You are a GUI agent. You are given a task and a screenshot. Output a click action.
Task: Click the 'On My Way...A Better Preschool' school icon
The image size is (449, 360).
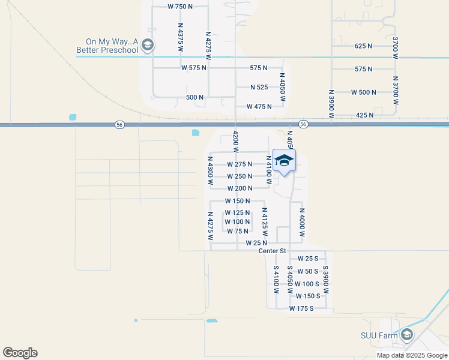click(x=148, y=45)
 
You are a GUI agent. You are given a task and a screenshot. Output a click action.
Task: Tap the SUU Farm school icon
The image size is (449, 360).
click(x=407, y=335)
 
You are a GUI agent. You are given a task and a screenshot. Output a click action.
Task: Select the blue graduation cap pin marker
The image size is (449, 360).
click(x=284, y=161)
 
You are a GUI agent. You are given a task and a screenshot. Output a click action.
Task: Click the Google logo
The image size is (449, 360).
click(x=20, y=353)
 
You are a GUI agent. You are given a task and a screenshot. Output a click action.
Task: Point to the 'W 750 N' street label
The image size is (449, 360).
click(x=180, y=6)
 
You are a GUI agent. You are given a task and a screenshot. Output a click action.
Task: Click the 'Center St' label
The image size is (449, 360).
click(x=272, y=251)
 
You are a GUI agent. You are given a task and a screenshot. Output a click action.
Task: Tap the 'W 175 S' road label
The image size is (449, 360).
click(x=301, y=308)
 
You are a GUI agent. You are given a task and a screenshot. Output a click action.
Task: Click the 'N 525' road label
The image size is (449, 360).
click(x=259, y=87)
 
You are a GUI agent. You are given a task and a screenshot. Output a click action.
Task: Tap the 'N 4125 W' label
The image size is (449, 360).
click(x=264, y=221)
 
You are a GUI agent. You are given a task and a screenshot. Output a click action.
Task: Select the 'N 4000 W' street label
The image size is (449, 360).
click(x=302, y=223)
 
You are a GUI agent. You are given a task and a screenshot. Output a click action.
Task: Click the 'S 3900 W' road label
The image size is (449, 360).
click(x=325, y=279)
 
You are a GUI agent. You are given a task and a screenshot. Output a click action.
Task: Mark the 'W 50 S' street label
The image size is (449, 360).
click(x=307, y=271)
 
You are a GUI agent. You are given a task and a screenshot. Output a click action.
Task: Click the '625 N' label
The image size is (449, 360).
click(x=363, y=46)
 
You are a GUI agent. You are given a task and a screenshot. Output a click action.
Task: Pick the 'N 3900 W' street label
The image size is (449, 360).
click(x=331, y=103)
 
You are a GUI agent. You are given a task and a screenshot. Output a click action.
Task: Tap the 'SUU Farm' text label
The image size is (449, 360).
click(x=379, y=335)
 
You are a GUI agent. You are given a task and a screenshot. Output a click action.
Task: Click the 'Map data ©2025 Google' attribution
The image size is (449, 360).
click(x=412, y=355)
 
